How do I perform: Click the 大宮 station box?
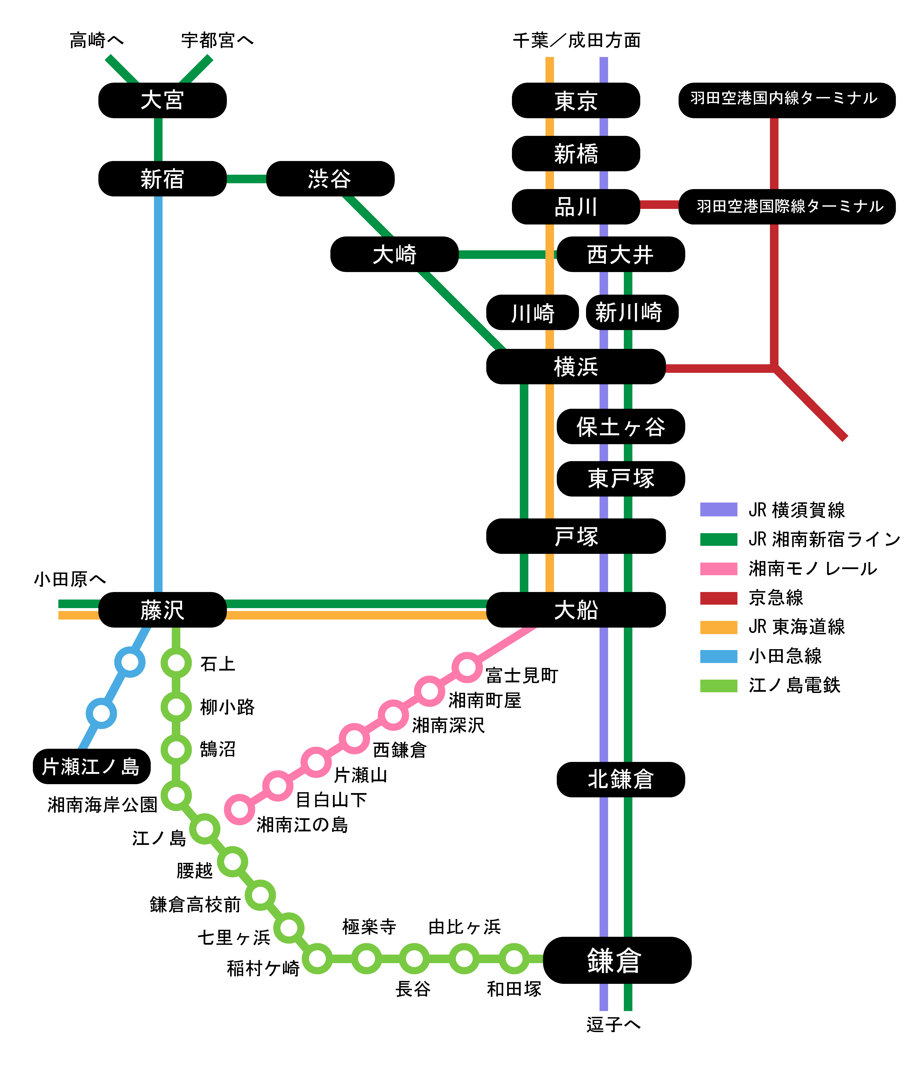[x=162, y=100]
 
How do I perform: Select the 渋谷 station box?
[x=330, y=179]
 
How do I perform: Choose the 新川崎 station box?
[x=632, y=312]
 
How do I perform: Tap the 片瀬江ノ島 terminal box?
[x=91, y=766]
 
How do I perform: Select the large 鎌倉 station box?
[x=617, y=960]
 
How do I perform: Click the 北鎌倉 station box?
[x=620, y=779]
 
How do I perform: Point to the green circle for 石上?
[x=176, y=663]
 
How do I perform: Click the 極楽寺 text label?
[x=369, y=927]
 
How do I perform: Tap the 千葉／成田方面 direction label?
[x=576, y=40]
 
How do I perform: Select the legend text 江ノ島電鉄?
[x=794, y=685]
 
